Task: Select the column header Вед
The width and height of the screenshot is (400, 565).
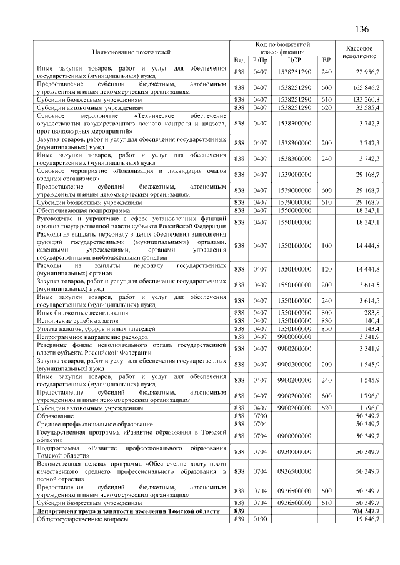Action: [x=239, y=60]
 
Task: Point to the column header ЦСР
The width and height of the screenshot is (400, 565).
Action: [x=295, y=60]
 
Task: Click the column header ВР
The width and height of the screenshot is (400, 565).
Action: [x=326, y=60]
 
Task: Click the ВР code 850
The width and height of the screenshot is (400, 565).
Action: [x=326, y=328]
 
